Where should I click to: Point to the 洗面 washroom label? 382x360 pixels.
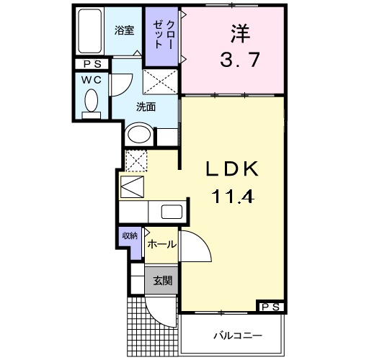pyautogui.click(x=147, y=107)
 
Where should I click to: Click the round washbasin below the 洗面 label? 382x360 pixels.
pyautogui.click(x=138, y=135)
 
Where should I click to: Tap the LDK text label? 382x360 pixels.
pyautogui.click(x=234, y=169)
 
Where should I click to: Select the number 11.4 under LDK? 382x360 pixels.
pyautogui.click(x=234, y=194)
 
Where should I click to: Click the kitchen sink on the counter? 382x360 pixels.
pyautogui.click(x=172, y=212)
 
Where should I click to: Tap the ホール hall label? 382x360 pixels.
pyautogui.click(x=161, y=245)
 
